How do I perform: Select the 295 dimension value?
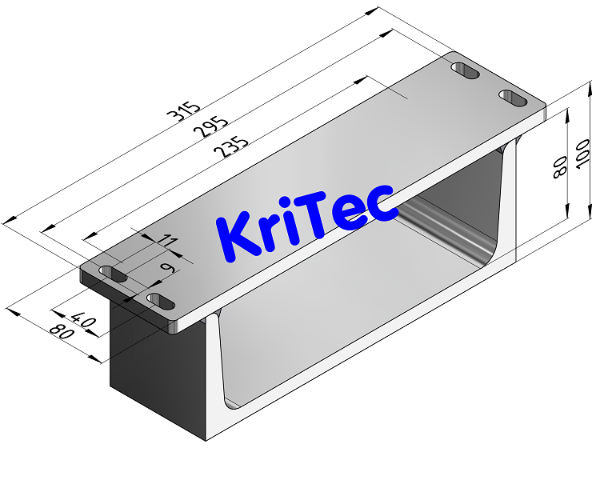tap(214, 129)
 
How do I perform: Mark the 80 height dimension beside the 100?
tap(560, 166)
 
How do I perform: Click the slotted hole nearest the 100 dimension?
tap(513, 98)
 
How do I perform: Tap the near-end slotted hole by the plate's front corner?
tap(161, 302)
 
